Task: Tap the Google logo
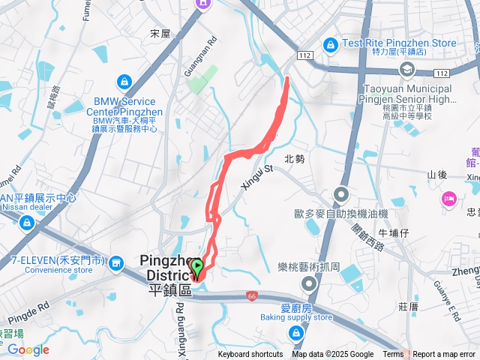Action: tap(28, 349)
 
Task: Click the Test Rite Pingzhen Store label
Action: tap(399, 43)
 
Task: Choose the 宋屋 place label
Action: tap(160, 33)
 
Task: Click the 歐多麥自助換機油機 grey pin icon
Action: tap(341, 195)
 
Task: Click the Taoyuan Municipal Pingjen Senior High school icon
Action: tap(407, 70)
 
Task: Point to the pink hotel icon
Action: tap(449, 199)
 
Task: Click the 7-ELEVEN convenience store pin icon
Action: tap(117, 262)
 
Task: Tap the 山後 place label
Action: tap(437, 175)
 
